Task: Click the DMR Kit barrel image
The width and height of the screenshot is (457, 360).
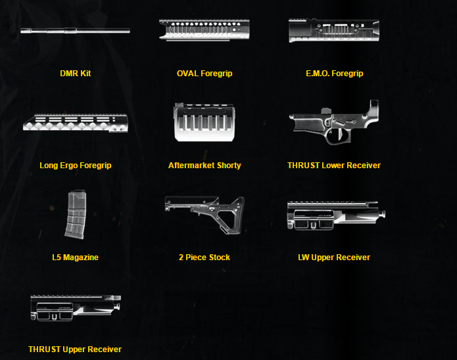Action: pos(75,30)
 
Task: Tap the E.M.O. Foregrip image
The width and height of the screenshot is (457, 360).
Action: pos(334,30)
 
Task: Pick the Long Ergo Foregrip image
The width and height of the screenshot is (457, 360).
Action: pos(75,123)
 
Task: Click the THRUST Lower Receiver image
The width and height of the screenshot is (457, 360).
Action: pos(334,122)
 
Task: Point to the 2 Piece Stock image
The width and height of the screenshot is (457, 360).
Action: pos(204,213)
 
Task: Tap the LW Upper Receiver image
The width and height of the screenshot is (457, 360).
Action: pos(335,215)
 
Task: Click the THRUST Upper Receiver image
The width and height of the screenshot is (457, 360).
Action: pos(75,307)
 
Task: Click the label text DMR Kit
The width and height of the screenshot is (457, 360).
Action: pos(75,74)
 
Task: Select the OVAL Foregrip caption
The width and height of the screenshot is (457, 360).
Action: pos(204,74)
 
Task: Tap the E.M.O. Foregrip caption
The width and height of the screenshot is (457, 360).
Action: pos(334,74)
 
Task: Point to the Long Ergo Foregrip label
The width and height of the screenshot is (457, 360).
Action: pos(75,166)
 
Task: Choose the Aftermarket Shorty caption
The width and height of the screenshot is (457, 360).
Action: pos(204,166)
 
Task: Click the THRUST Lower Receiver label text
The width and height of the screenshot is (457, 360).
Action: pos(334,166)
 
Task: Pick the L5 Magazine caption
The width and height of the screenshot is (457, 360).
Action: pos(75,258)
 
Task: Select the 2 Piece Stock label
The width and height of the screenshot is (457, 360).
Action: pos(204,258)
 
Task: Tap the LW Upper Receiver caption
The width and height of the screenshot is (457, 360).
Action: pos(334,258)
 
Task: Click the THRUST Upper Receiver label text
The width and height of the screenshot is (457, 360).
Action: pos(75,349)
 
